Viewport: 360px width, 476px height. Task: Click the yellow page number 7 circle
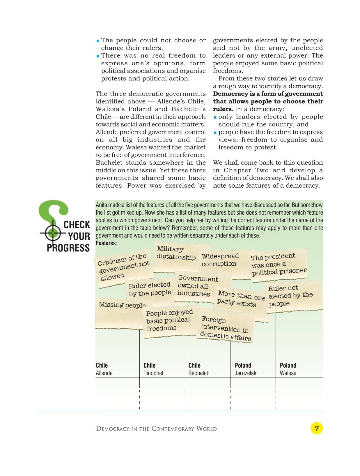click(317, 428)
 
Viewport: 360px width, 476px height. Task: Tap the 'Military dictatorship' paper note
click(176, 253)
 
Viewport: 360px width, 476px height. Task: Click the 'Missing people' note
click(122, 305)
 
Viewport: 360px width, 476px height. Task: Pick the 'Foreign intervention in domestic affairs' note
click(226, 329)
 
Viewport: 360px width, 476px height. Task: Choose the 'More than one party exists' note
click(241, 299)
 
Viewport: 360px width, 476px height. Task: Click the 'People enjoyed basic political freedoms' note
click(169, 320)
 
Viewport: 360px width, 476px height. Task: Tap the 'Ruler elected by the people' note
click(150, 289)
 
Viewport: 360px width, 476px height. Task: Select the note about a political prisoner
click(278, 265)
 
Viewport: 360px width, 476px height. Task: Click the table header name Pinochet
click(153, 373)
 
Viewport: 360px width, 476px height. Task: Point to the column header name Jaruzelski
click(246, 373)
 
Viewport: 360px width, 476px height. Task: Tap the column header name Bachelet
click(198, 373)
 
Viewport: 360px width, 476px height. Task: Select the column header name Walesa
click(288, 373)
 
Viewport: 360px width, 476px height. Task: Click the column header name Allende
click(104, 373)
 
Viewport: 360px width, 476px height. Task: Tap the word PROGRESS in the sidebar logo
click(68, 248)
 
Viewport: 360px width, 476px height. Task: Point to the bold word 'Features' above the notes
click(106, 243)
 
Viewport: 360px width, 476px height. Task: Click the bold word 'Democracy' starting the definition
click(226, 94)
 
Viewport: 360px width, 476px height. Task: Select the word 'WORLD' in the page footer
click(206, 429)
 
